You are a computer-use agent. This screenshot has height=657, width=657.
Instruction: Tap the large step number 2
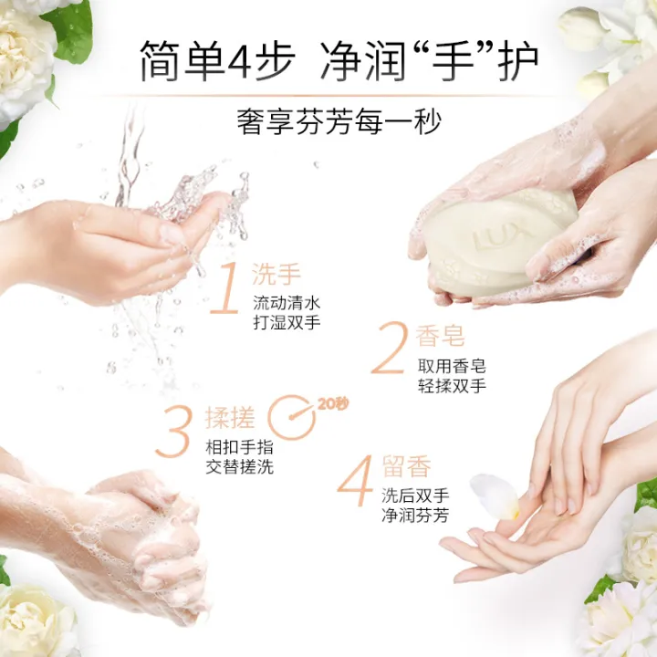coord(388,350)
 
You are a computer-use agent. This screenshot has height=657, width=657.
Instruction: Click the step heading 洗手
coord(276,273)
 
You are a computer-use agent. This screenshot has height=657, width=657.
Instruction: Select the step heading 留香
coord(406,468)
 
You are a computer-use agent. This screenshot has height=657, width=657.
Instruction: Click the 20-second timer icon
coord(290,416)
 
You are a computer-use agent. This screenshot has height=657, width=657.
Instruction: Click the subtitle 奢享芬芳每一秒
coord(328,121)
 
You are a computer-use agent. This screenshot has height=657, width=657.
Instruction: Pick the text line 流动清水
coord(286,303)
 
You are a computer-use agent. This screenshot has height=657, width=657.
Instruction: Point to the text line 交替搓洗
coord(239,467)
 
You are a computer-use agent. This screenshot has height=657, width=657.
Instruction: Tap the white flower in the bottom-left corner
coord(36,620)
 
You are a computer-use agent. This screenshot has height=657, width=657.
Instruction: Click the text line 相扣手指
coord(239,447)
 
